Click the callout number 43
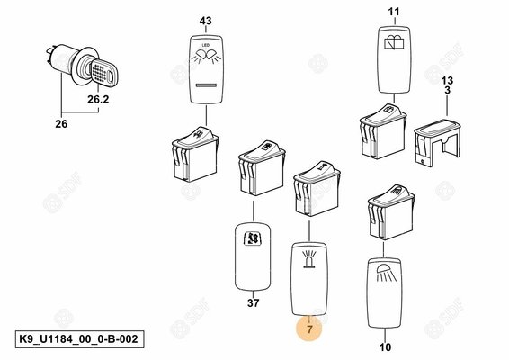pyautogui.click(x=205, y=21)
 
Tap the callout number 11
pyautogui.click(x=394, y=12)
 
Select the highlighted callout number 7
pyautogui.click(x=309, y=329)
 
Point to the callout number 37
pyautogui.click(x=254, y=302)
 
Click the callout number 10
pyautogui.click(x=385, y=347)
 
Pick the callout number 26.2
pyautogui.click(x=98, y=99)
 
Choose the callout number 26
pyautogui.click(x=61, y=124)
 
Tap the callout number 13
pyautogui.click(x=447, y=80)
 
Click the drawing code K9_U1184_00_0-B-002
pyautogui.click(x=79, y=339)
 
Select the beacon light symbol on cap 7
pyautogui.click(x=309, y=259)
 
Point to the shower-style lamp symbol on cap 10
pyautogui.click(x=384, y=274)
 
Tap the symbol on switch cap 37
pyautogui.click(x=253, y=238)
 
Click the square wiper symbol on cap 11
pyautogui.click(x=394, y=41)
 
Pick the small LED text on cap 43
pyautogui.click(x=206, y=45)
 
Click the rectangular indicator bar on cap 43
pyautogui.click(x=206, y=85)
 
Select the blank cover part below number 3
pyautogui.click(x=437, y=142)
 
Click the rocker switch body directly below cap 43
pyautogui.click(x=195, y=153)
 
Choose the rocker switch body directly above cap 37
pyautogui.click(x=262, y=167)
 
